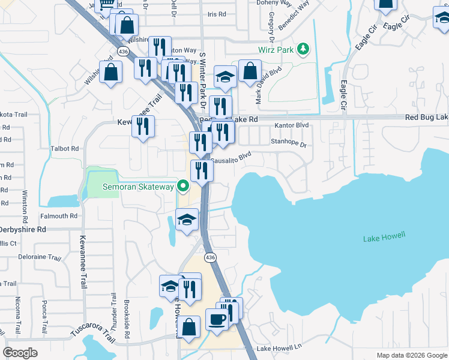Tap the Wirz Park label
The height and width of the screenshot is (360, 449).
tap(276, 49)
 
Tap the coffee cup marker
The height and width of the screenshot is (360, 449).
tap(217, 319)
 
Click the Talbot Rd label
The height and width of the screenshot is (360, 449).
tap(66, 148)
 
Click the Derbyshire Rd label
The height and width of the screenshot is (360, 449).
tap(24, 229)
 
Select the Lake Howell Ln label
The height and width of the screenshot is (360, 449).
tap(279, 348)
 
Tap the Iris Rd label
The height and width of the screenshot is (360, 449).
tap(216, 13)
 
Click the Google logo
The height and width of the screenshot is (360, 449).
tap(20, 353)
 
